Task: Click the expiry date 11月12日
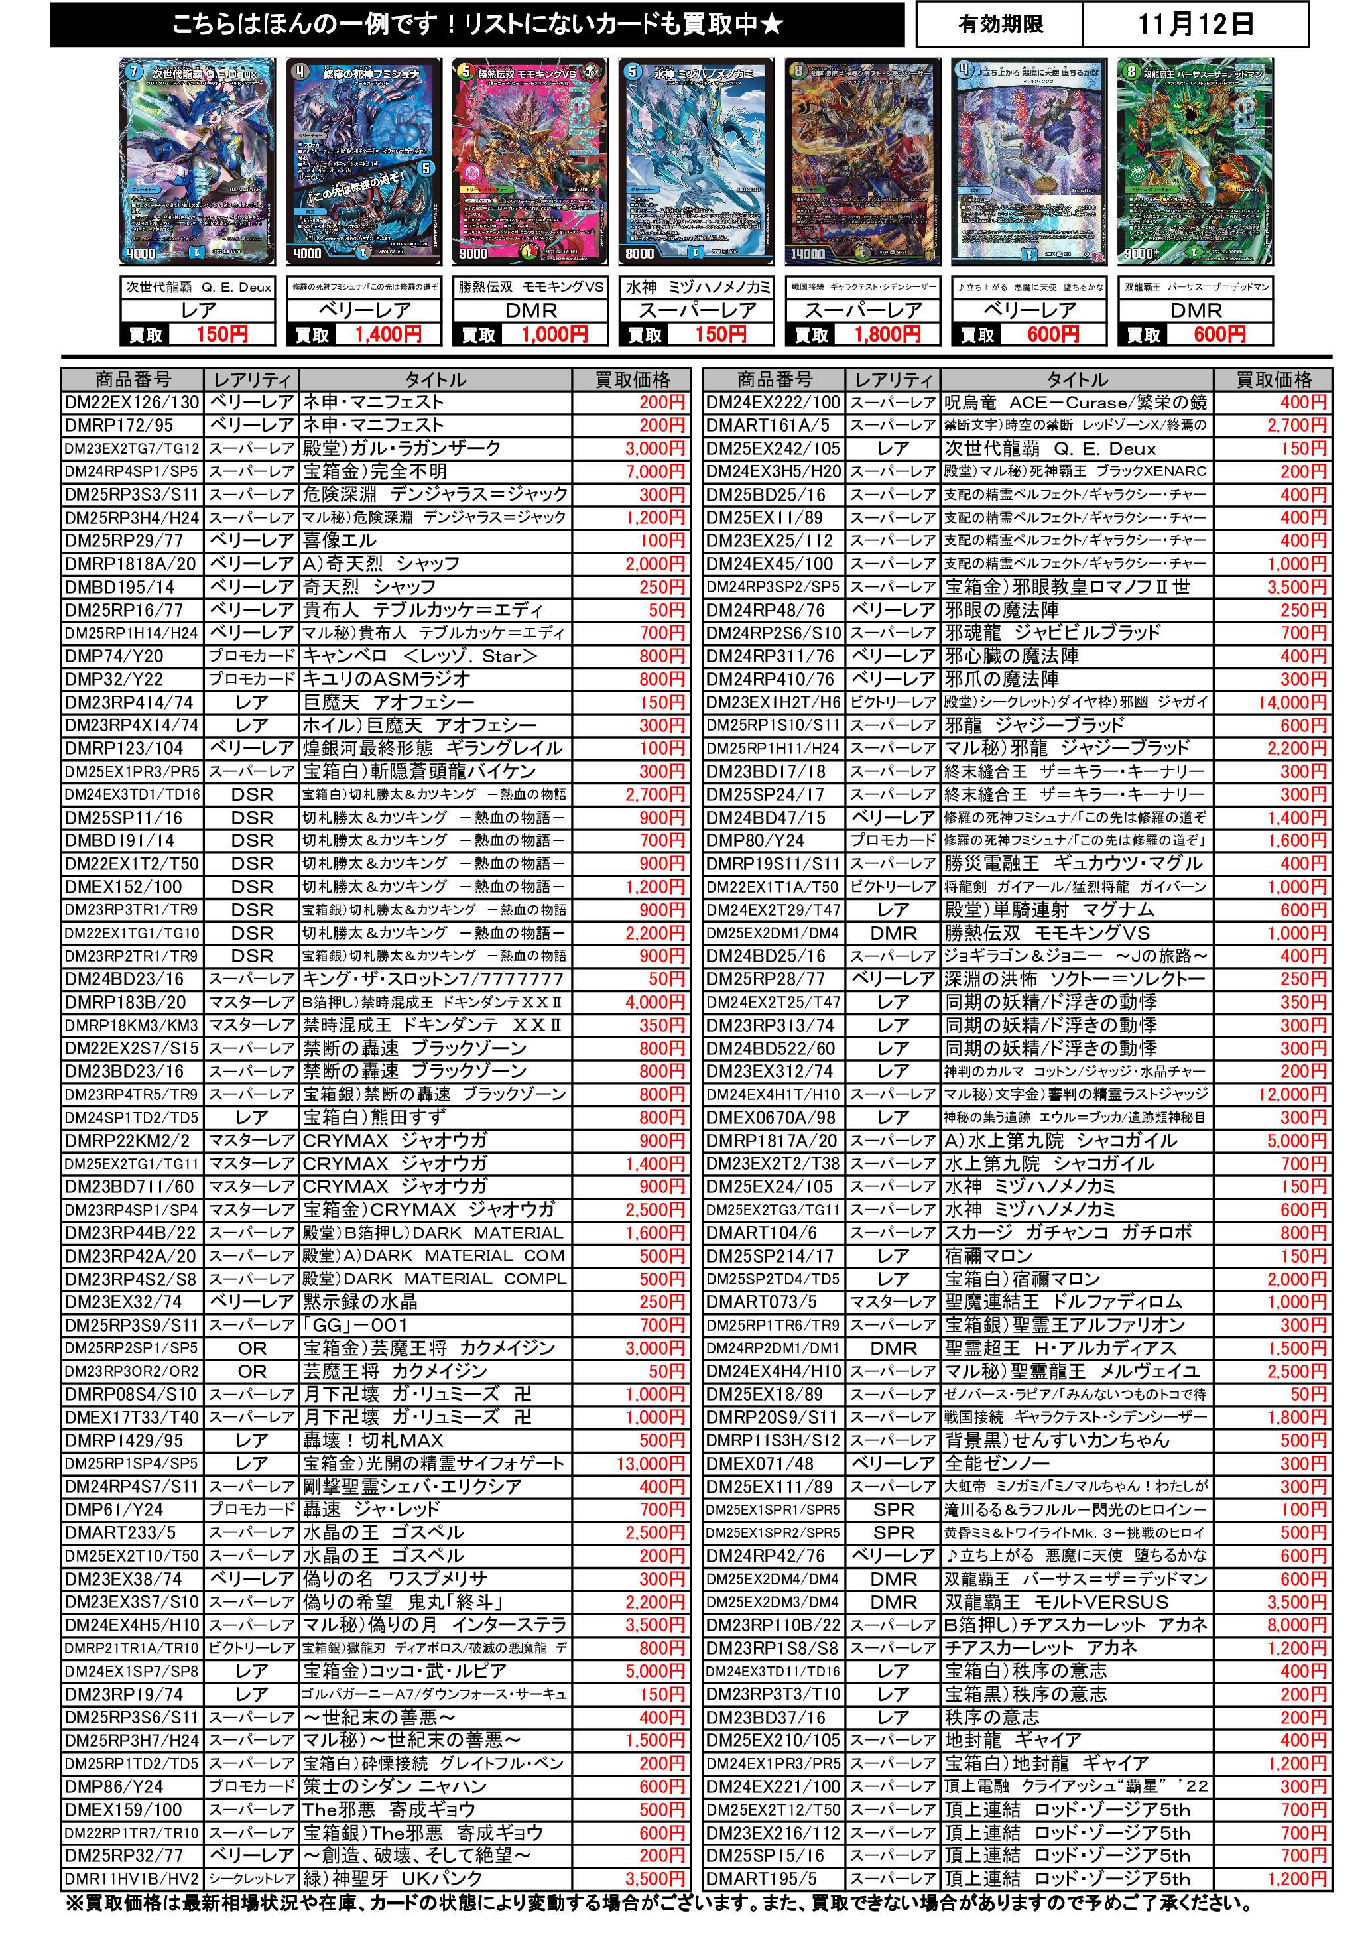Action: [1194, 25]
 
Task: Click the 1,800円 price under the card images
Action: [887, 334]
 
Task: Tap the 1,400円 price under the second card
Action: [388, 334]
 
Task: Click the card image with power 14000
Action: [862, 160]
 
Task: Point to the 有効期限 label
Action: [1000, 25]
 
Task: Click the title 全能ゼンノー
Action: [997, 1464]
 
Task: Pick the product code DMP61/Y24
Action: [114, 1510]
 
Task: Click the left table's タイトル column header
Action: [435, 379]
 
